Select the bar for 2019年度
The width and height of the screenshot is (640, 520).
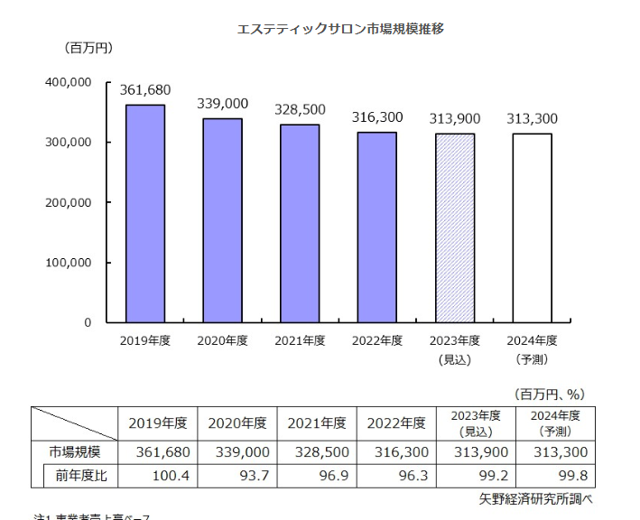click(x=144, y=213)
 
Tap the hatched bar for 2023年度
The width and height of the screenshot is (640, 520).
click(x=455, y=227)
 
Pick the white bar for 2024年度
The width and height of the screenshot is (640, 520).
click(x=532, y=227)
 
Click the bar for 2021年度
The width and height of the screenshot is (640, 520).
click(x=300, y=223)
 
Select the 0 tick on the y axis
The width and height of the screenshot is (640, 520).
click(x=88, y=322)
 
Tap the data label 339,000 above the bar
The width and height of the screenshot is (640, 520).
click(x=222, y=104)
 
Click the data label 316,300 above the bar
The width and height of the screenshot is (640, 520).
click(x=377, y=117)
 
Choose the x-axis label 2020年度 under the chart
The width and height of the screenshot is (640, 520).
click(x=222, y=340)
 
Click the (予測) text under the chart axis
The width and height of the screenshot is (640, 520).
click(x=533, y=359)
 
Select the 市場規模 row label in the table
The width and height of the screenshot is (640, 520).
click(x=75, y=451)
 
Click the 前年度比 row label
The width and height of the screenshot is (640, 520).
click(x=80, y=475)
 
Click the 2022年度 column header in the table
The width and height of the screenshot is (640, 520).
click(x=396, y=422)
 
